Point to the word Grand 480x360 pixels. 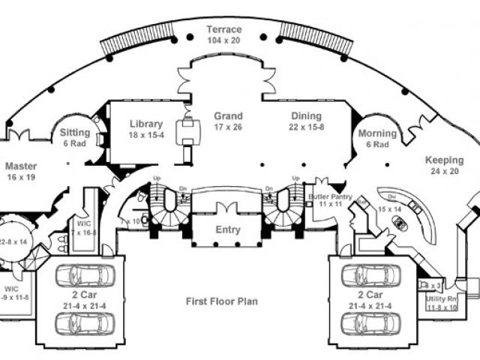[228, 116]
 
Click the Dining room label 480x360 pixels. [307, 116]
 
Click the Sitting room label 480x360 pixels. [75, 133]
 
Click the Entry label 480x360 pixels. [227, 230]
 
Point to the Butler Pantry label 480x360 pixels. [325, 196]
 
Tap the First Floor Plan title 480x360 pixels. [222, 301]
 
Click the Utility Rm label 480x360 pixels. [442, 299]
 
